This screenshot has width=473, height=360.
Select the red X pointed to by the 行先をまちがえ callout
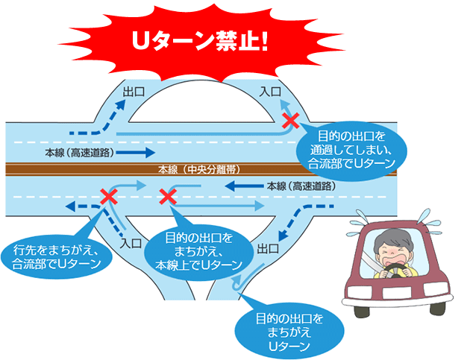pos(109,196)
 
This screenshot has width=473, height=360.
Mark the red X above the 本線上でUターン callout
pos(169,196)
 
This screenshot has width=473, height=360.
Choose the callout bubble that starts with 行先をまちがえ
pos(57,255)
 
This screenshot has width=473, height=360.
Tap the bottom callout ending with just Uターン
pos(286,329)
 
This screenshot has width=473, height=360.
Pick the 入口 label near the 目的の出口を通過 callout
pos(271,92)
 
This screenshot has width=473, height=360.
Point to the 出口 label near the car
pos(269,248)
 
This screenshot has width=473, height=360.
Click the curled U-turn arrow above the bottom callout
pos(237,280)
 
